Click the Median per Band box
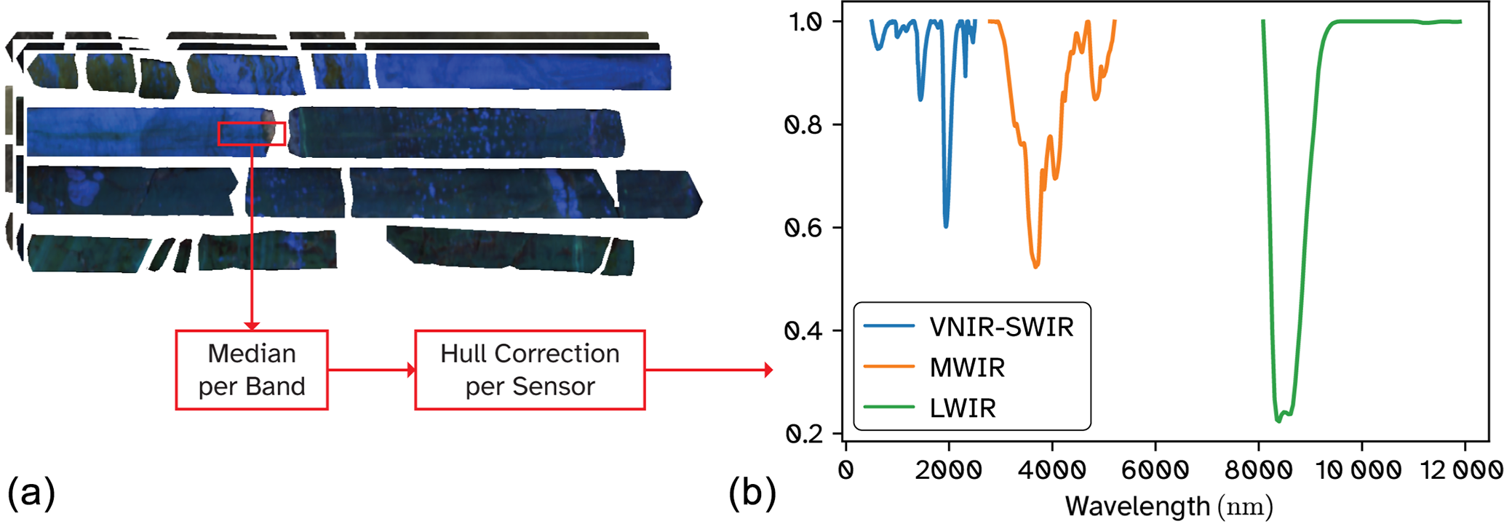(252, 370)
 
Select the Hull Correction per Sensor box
(530, 370)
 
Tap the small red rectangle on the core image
(251, 133)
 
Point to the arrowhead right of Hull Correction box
(768, 370)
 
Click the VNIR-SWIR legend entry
(1001, 327)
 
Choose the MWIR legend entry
(967, 368)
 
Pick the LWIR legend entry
(963, 408)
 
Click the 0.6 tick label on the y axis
(803, 228)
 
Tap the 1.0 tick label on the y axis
(805, 22)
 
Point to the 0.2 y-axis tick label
(803, 434)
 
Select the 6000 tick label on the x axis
(1155, 470)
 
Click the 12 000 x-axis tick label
(1461, 470)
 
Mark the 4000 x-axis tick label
(1051, 470)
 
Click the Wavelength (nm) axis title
(1169, 506)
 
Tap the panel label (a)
(31, 493)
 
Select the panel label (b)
(752, 493)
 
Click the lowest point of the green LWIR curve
(1279, 421)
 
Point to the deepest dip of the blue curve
(946, 226)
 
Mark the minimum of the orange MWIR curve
(1035, 266)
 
